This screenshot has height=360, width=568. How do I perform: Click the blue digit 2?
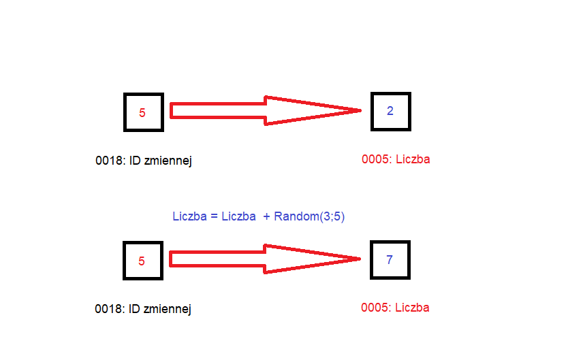(390, 111)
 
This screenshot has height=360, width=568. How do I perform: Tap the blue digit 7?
(390, 259)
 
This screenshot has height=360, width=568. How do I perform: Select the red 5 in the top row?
(142, 113)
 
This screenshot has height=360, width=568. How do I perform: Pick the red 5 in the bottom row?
(142, 261)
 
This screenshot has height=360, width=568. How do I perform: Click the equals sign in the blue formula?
(214, 216)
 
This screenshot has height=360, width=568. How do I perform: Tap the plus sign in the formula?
(266, 216)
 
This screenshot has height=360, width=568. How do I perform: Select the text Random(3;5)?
(309, 216)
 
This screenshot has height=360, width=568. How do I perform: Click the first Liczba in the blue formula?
(189, 216)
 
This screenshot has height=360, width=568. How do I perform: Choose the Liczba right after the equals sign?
(239, 216)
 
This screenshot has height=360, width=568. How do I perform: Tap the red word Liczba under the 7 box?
(412, 308)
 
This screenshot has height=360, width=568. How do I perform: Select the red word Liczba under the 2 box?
(413, 159)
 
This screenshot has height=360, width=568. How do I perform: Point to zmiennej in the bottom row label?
(168, 309)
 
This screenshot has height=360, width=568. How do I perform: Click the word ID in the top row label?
(135, 161)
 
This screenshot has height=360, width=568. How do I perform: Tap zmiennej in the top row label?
(168, 161)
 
